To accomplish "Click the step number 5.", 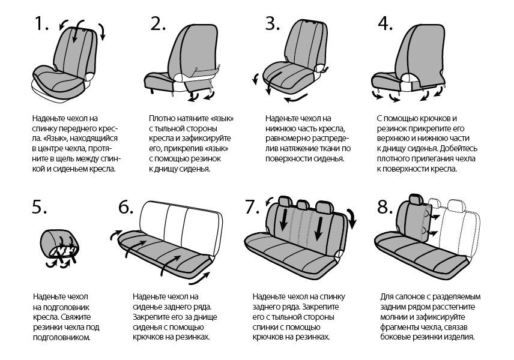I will (39, 208).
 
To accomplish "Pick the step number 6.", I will (125, 208).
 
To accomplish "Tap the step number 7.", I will (252, 208).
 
